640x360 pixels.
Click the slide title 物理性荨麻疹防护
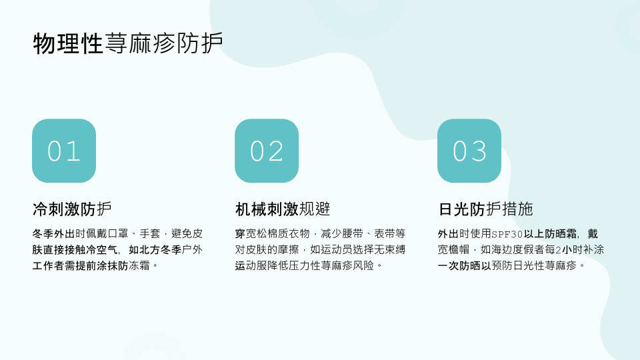128,43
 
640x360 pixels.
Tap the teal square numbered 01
64,151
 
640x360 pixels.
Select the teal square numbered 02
267,151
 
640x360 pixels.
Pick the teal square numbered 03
469,151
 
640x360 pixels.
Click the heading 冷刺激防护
72,209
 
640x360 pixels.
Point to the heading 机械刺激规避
283,209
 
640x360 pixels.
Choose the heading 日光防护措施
485,209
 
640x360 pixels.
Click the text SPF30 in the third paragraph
507,234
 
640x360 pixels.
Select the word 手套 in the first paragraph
150,233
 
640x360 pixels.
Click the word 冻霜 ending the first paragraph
139,266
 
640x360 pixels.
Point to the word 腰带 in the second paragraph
353,233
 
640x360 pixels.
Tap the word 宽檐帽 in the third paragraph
453,249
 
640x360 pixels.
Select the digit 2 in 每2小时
559,250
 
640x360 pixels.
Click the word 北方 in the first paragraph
150,249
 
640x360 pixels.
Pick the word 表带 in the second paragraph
385,233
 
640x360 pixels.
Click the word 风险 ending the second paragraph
363,266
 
